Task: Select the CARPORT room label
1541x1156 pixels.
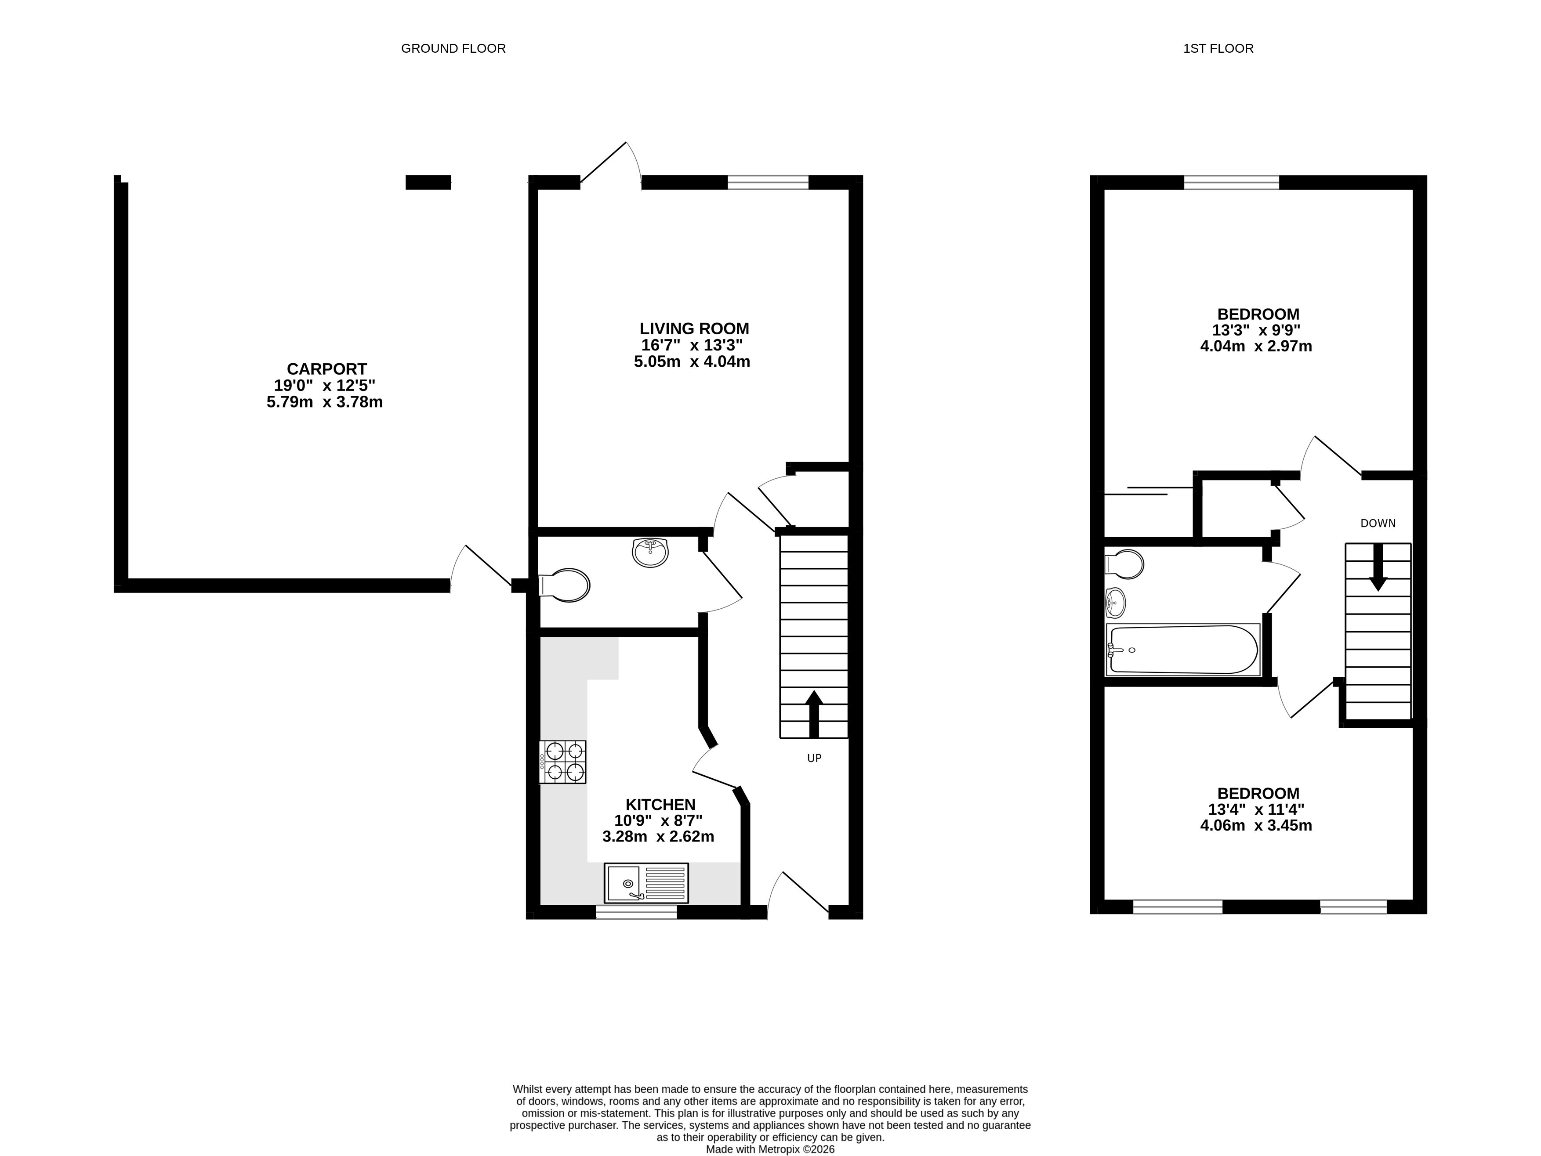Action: point(327,369)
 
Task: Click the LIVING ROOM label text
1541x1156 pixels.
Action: point(695,329)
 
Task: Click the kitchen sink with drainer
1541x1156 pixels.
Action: point(646,883)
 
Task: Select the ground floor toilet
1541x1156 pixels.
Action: point(564,585)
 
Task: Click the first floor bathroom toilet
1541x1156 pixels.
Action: point(1124,564)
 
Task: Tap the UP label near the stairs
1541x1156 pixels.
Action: point(814,759)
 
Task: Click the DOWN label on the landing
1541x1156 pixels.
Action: point(1378,524)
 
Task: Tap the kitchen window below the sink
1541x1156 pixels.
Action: point(637,912)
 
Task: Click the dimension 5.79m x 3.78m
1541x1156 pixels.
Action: point(325,402)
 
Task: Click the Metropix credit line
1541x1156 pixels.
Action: point(771,1150)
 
